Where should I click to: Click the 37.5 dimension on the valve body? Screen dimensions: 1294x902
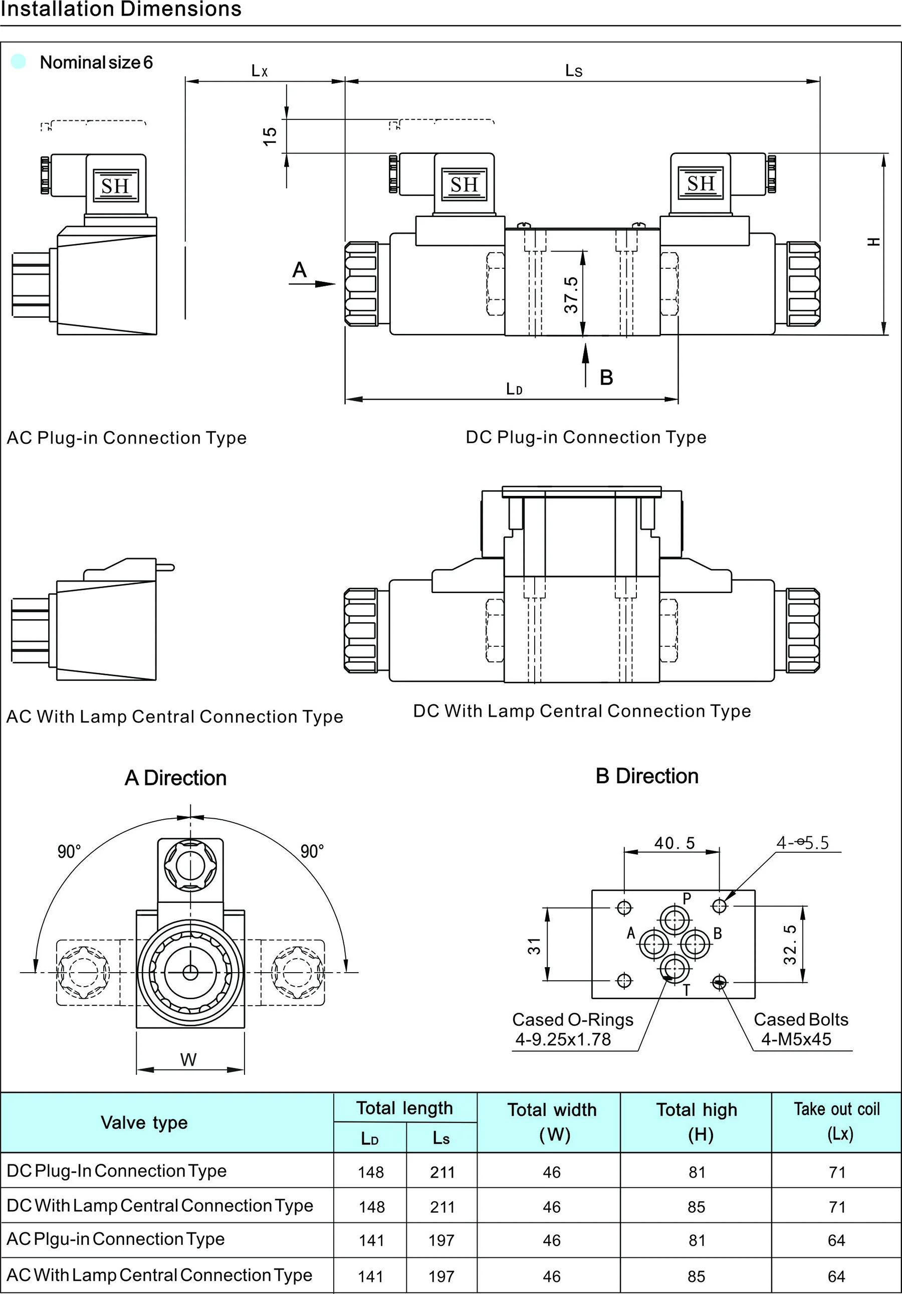pos(571,295)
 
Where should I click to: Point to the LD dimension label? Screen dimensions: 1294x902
pos(514,389)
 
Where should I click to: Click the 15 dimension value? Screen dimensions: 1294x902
pos(271,136)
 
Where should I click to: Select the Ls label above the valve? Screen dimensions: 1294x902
pos(574,71)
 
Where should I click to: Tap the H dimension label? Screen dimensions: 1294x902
pos(873,242)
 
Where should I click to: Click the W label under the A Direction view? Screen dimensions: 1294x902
pos(188,1059)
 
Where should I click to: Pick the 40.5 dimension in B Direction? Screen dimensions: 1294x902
pos(674,843)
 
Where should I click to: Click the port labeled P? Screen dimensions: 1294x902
pos(674,920)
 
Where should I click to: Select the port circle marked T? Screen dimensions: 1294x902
pos(674,969)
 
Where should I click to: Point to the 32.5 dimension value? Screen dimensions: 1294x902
pos(790,945)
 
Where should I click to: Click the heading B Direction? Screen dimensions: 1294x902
pos(647,776)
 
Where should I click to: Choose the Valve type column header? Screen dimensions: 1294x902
pos(144,1122)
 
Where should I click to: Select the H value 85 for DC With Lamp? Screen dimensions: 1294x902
pos(697,1207)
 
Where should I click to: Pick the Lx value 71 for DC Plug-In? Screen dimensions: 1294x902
pos(837,1172)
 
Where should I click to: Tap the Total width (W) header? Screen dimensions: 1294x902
pos(552,1122)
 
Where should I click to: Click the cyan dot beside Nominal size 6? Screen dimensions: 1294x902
pos(19,62)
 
